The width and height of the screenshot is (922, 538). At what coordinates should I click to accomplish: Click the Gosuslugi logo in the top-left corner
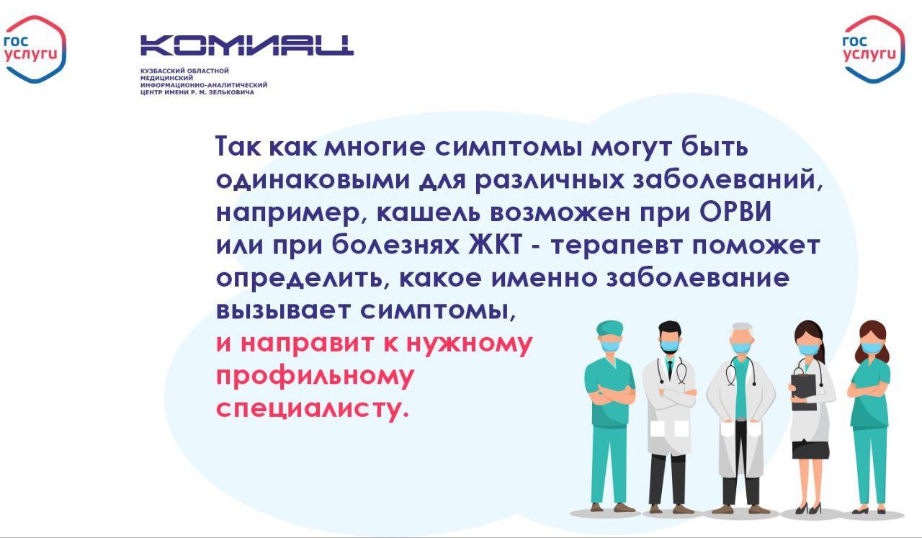coord(34,50)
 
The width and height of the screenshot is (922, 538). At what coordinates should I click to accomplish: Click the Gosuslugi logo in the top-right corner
coord(874,50)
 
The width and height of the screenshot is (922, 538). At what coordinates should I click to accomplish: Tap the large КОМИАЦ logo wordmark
coord(247,45)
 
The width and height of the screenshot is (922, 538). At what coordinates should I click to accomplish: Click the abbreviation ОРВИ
coord(735,212)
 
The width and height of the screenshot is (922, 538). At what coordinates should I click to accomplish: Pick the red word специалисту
coord(313,409)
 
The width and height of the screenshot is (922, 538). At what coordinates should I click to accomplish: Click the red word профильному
coord(315,376)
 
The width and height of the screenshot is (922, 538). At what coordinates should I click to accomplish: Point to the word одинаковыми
coord(313,181)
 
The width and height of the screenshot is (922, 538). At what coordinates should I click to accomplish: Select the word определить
coord(303,279)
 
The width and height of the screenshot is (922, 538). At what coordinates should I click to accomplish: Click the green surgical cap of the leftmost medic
coord(610,329)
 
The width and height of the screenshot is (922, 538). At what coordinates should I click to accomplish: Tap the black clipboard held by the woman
coord(803,392)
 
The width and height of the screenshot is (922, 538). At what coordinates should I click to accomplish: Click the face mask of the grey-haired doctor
coord(741,347)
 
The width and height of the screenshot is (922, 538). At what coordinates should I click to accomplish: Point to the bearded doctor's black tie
coord(670,369)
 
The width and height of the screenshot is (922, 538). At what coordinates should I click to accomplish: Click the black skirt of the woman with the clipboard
coord(810,450)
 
